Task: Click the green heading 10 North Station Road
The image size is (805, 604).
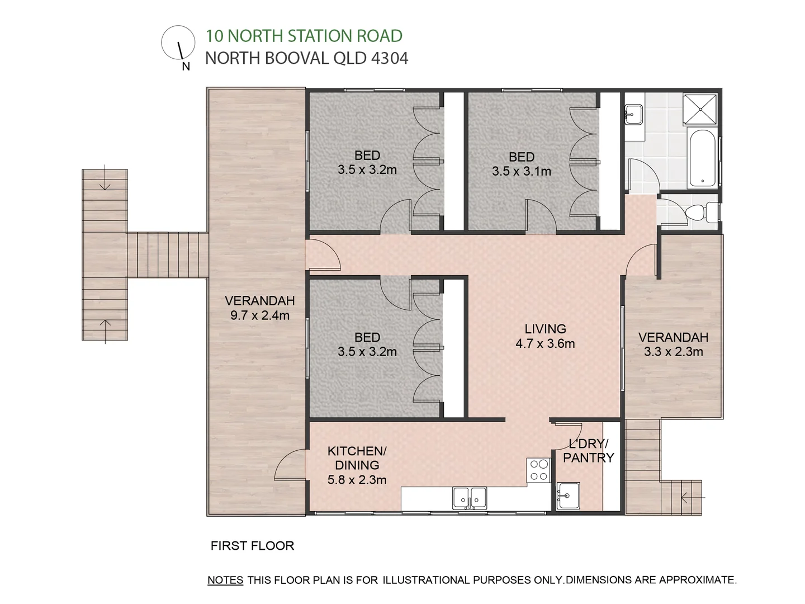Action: click(x=304, y=36)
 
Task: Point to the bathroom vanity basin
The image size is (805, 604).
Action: click(x=634, y=115)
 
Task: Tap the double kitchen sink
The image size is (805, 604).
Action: click(x=470, y=498)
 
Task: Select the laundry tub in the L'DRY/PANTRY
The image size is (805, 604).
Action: click(x=568, y=496)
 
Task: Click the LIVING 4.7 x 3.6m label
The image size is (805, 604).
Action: click(x=545, y=336)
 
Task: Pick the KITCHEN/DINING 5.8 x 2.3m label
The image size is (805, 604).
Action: click(x=357, y=465)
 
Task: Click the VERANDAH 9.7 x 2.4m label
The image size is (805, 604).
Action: click(x=259, y=308)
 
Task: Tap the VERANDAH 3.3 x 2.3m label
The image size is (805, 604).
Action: click(x=673, y=345)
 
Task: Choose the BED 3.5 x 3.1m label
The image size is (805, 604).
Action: click(x=522, y=164)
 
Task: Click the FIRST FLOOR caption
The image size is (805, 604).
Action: click(x=252, y=546)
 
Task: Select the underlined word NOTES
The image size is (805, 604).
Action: click(x=225, y=580)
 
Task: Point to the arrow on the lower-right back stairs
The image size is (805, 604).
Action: click(x=693, y=497)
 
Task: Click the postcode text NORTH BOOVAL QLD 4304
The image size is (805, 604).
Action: click(x=306, y=58)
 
